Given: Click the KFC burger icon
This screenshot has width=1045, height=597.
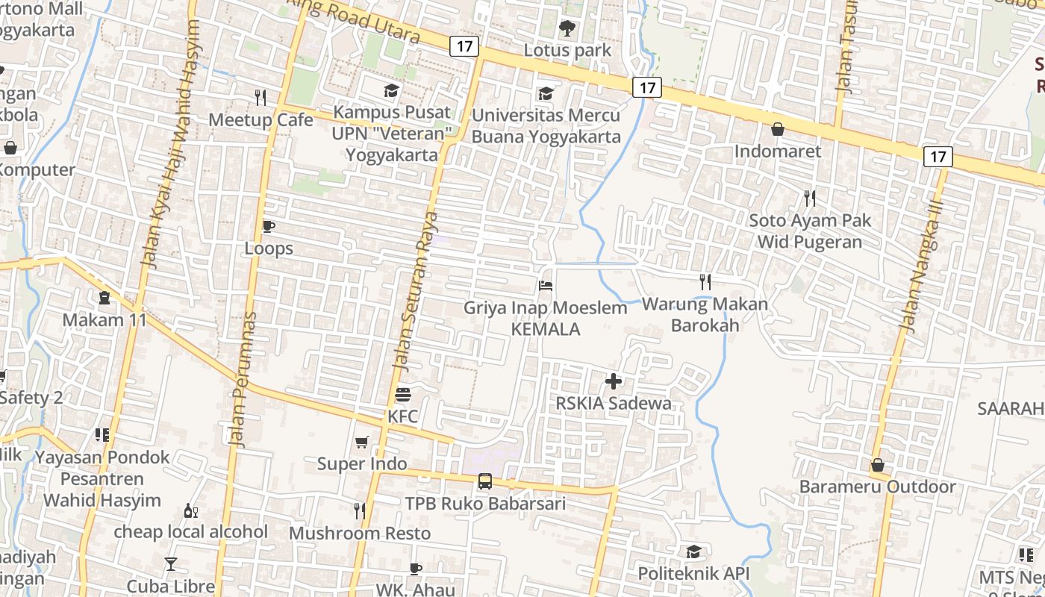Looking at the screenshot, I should [403, 394].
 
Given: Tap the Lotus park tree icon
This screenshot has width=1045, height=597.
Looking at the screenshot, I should [567, 28].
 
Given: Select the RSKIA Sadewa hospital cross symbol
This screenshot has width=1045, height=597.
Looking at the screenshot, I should [614, 381].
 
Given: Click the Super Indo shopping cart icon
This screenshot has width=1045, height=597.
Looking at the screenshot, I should [362, 442].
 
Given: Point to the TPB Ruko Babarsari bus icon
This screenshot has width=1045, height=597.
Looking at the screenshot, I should [485, 481].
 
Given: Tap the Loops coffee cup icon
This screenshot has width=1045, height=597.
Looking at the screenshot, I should [269, 226].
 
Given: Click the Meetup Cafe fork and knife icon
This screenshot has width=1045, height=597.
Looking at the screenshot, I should [261, 97].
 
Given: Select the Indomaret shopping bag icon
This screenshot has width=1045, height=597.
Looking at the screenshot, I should [777, 129].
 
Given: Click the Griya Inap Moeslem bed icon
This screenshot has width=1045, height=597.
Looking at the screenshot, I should [546, 286].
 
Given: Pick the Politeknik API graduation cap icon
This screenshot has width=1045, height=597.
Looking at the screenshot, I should [693, 551].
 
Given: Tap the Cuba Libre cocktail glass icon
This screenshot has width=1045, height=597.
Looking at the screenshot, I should [171, 564].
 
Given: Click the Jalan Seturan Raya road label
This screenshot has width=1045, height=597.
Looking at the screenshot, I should [415, 291].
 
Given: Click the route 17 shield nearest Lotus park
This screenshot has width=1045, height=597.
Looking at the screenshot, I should [464, 46].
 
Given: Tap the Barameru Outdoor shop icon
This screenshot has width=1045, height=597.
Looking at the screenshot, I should [878, 465].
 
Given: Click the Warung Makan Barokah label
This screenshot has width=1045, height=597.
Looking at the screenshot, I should [705, 314].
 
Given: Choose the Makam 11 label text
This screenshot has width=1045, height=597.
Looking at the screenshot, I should [104, 320].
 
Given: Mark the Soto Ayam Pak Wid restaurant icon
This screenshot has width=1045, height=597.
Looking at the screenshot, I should [810, 199].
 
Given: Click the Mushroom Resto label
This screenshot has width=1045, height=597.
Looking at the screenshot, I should [360, 534].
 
